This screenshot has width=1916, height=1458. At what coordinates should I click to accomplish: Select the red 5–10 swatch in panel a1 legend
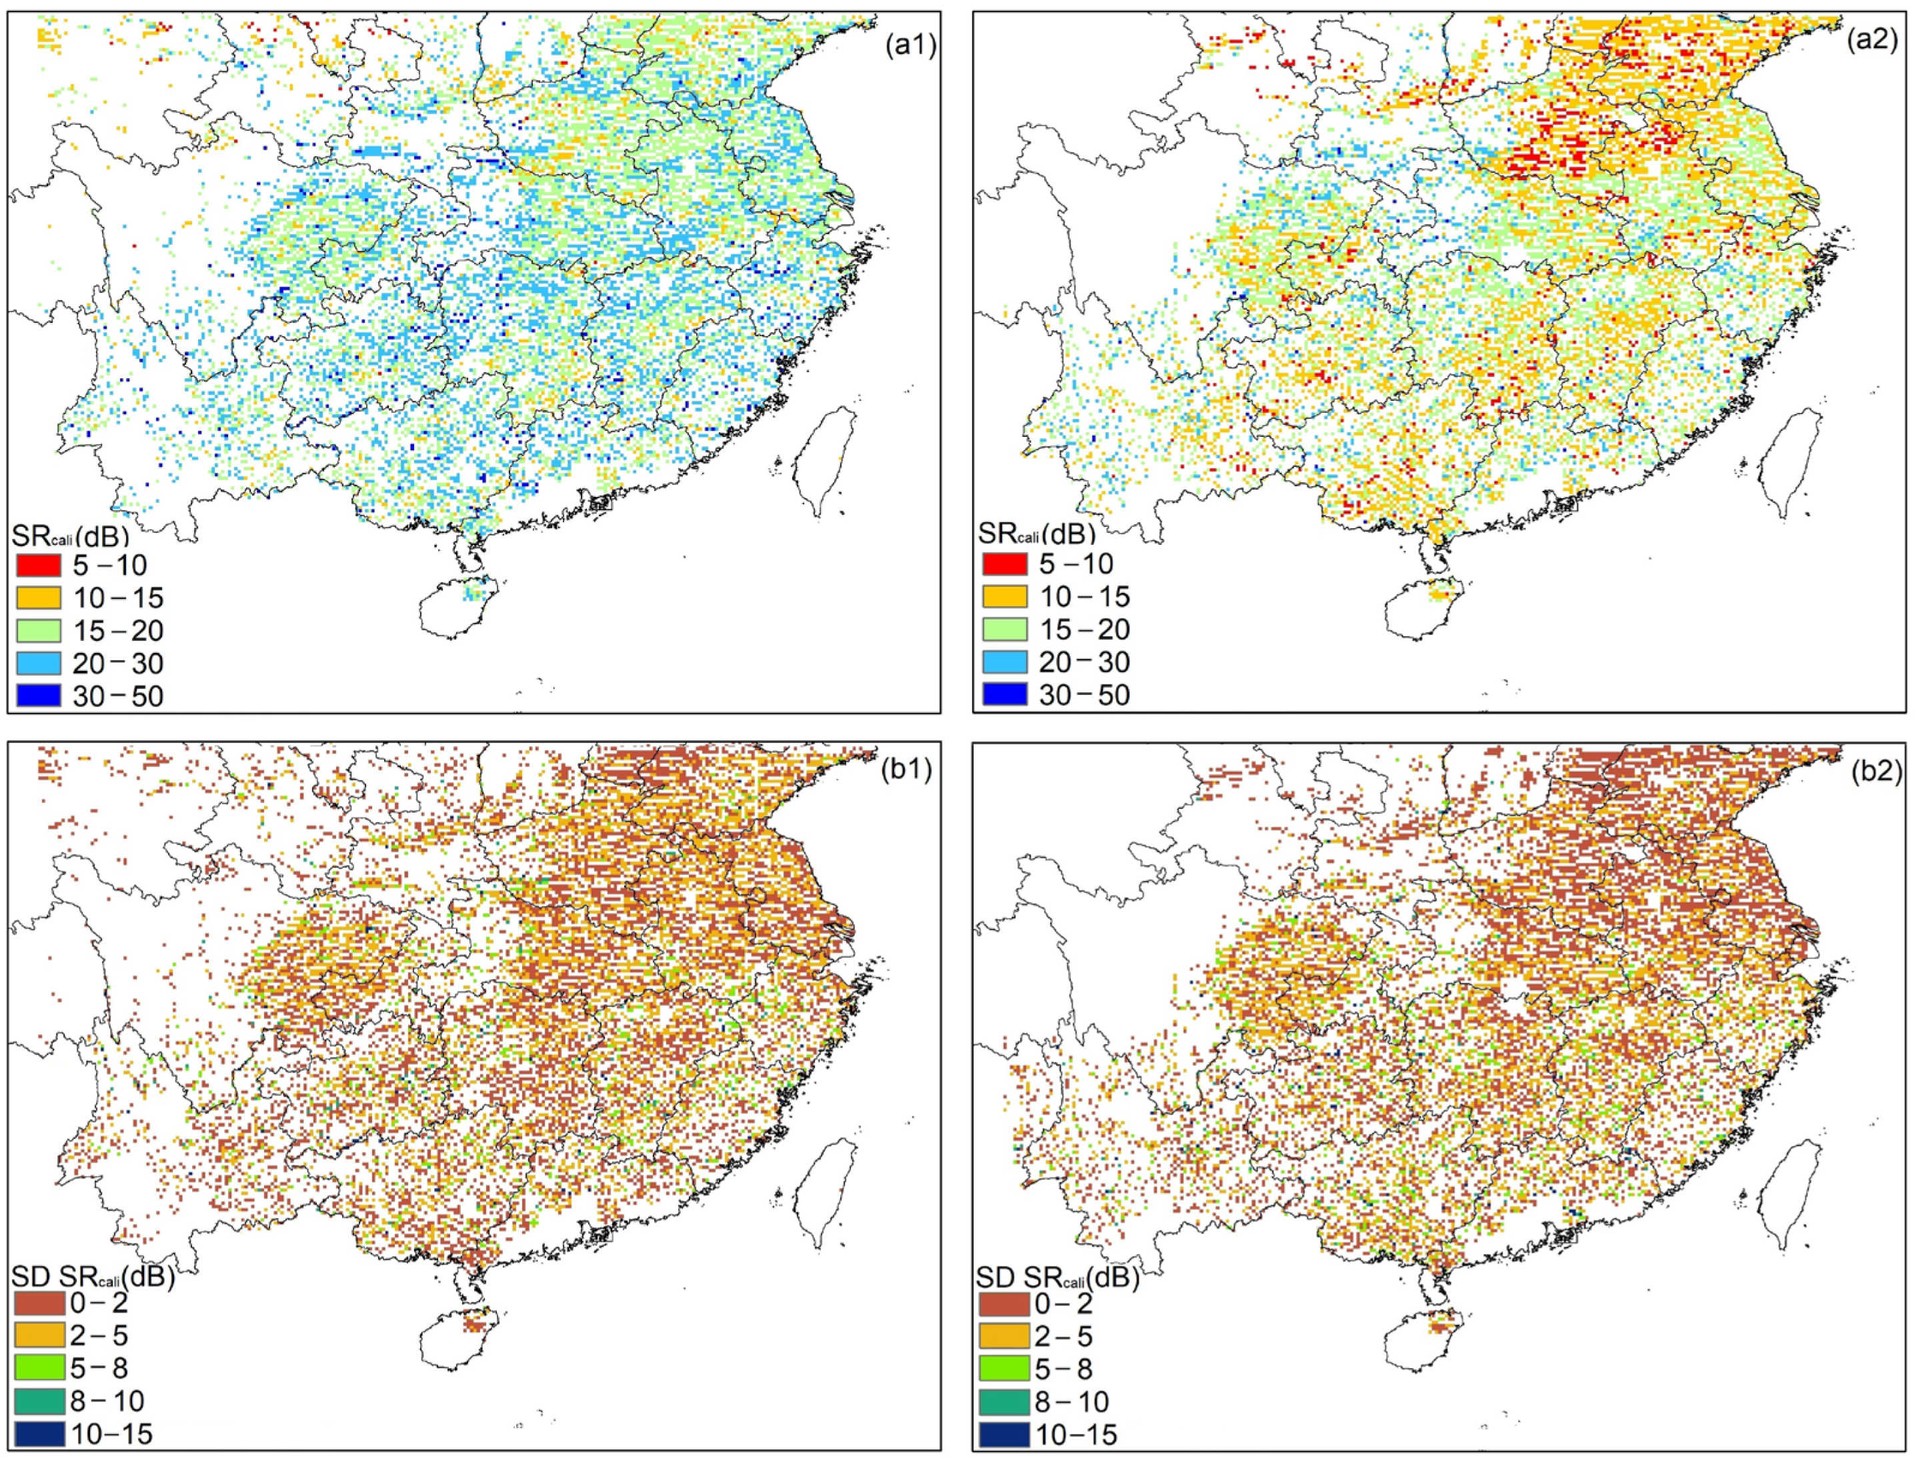coord(38,566)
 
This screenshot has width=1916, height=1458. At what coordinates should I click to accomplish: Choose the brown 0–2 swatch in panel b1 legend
coord(38,1303)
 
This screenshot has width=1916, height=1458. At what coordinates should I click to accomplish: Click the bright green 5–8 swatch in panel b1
coord(38,1369)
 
